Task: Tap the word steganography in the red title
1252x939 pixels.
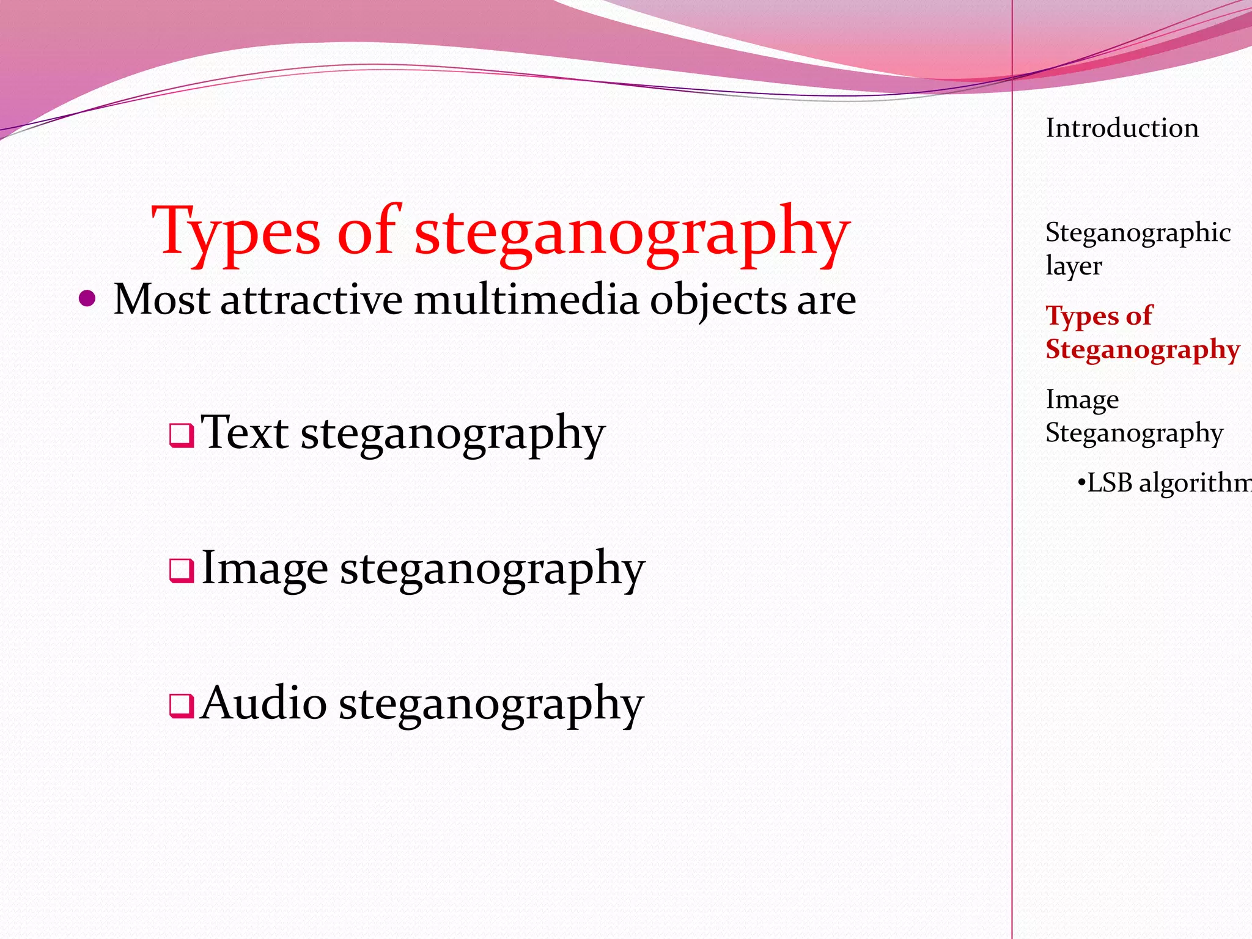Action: pos(632,232)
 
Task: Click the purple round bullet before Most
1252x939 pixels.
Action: pos(88,299)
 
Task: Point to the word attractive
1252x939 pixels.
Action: pos(311,300)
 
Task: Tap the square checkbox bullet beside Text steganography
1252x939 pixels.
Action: pos(182,436)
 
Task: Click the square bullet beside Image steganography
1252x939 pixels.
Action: pos(182,571)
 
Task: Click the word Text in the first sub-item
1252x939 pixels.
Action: pos(245,432)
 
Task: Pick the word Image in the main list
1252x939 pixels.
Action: pos(264,569)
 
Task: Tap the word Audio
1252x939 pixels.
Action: pos(263,703)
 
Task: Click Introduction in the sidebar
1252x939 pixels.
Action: pos(1122,128)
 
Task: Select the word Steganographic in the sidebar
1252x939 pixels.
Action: pos(1138,233)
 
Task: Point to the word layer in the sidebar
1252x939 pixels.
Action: pos(1073,266)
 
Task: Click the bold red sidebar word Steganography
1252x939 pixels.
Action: pos(1143,350)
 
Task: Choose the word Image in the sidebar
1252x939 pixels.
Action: pos(1082,400)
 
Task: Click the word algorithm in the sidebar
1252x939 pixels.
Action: pos(1195,484)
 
